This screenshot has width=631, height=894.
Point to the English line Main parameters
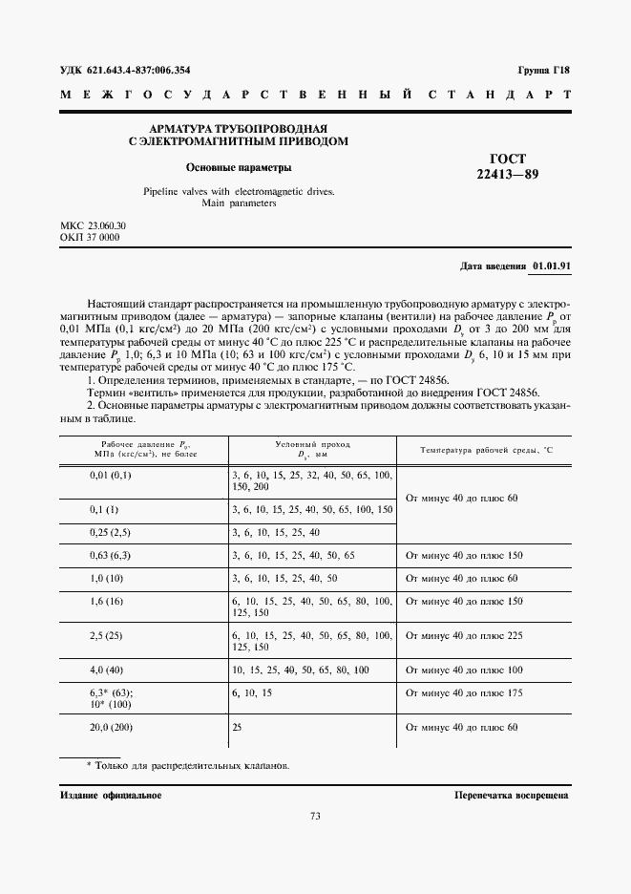pyautogui.click(x=239, y=203)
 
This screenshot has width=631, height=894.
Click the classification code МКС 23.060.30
pyautogui.click(x=93, y=225)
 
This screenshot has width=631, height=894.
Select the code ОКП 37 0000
pyautogui.click(x=90, y=237)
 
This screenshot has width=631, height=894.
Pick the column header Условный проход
pyautogui.click(x=312, y=445)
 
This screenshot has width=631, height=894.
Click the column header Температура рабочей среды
pyautogui.click(x=487, y=450)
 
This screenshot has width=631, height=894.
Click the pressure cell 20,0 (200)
pyautogui.click(x=111, y=727)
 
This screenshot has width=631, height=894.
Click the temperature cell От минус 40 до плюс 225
pyautogui.click(x=464, y=634)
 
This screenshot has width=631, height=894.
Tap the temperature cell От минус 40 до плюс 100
pyautogui.click(x=464, y=670)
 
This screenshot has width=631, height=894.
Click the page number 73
pyautogui.click(x=315, y=816)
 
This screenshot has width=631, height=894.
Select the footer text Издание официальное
pyautogui.click(x=111, y=794)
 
